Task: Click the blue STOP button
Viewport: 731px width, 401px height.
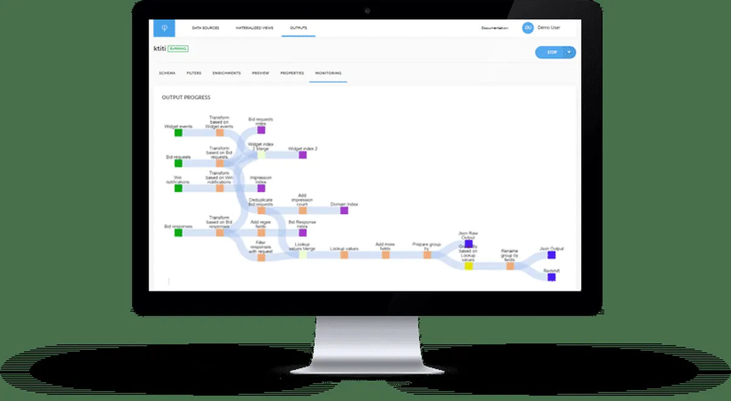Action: click(x=551, y=52)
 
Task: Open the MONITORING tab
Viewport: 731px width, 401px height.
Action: click(x=328, y=73)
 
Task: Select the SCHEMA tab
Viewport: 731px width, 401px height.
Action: click(x=167, y=73)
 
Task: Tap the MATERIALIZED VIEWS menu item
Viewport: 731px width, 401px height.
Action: click(x=255, y=28)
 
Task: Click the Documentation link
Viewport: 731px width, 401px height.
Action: click(x=495, y=28)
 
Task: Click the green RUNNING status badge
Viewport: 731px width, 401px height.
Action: click(x=178, y=48)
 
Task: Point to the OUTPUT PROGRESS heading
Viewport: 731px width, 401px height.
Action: click(x=186, y=97)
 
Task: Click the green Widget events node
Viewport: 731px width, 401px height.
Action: click(x=178, y=133)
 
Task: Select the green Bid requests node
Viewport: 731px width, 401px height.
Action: click(x=178, y=163)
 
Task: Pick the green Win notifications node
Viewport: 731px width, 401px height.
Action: click(x=178, y=188)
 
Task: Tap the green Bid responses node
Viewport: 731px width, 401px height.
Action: click(x=178, y=232)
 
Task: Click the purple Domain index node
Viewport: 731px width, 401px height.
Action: click(x=344, y=211)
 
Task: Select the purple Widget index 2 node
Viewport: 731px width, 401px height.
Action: click(x=303, y=155)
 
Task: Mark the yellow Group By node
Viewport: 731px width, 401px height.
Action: click(x=468, y=266)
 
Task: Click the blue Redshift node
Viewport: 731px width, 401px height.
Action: click(x=551, y=277)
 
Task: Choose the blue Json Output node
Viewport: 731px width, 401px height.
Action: click(x=551, y=255)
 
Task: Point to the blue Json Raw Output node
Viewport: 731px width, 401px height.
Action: click(x=468, y=243)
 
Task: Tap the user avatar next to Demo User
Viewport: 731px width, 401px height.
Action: click(x=528, y=28)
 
